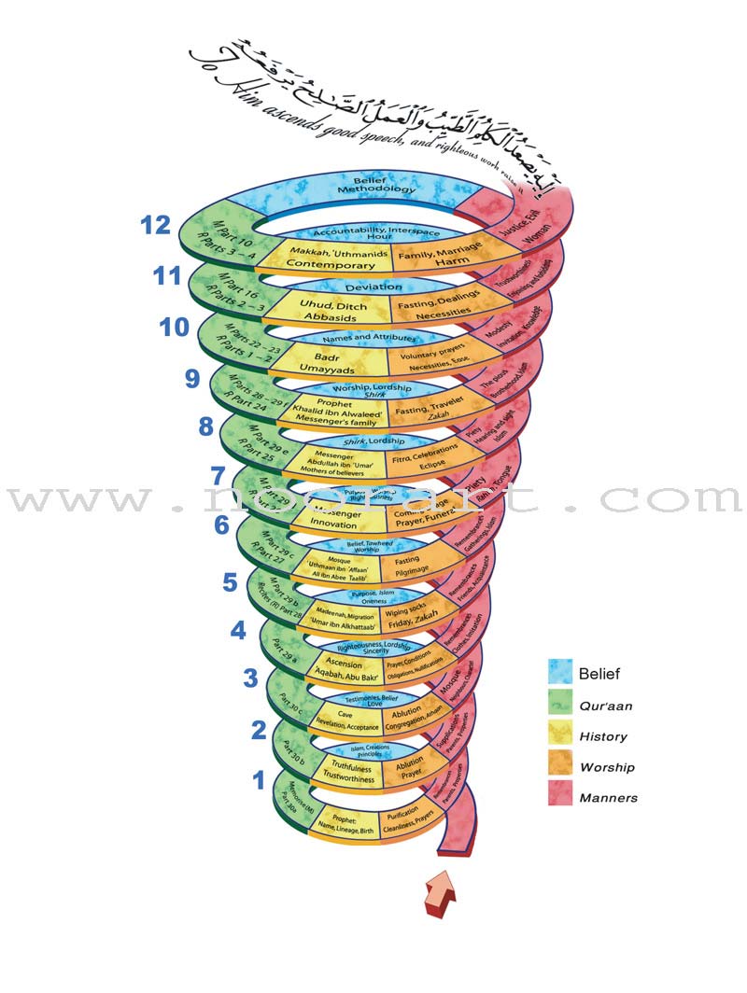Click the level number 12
coord(155,226)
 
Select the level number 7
coord(218,476)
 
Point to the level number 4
coord(238,630)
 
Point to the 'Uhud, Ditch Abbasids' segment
coord(326,310)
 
